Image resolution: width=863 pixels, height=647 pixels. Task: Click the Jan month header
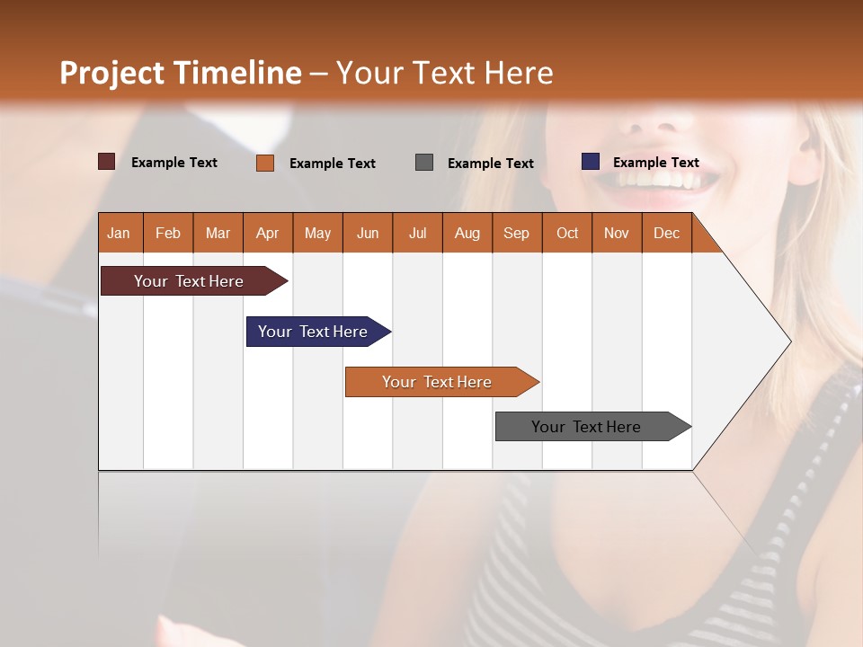click(x=120, y=233)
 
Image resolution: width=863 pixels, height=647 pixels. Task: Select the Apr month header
click(x=268, y=233)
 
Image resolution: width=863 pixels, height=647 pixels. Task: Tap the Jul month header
click(x=418, y=233)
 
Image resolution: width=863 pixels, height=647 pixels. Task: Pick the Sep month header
click(x=517, y=233)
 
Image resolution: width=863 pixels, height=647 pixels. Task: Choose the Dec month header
click(x=667, y=233)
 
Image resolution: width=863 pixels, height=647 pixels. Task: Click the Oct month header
click(x=567, y=233)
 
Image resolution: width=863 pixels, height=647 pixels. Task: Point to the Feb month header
click(x=168, y=233)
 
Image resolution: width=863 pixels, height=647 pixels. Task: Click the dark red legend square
click(x=107, y=162)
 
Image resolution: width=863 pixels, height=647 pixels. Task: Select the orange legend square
click(x=265, y=163)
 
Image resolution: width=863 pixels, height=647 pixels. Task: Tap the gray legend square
click(x=424, y=162)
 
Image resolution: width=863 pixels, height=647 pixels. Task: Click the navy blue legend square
click(x=591, y=162)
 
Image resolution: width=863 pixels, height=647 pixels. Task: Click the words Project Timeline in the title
click(x=181, y=73)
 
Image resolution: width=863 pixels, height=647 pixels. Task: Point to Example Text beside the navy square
click(x=656, y=163)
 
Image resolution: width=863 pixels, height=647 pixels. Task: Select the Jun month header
click(x=368, y=233)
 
